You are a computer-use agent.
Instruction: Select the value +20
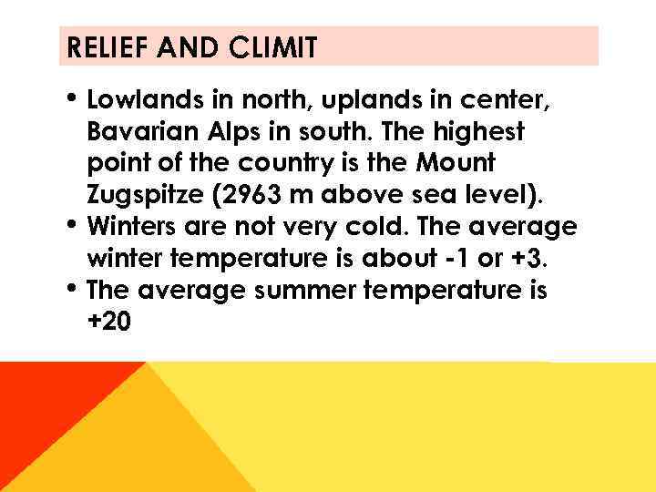tap(108, 322)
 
